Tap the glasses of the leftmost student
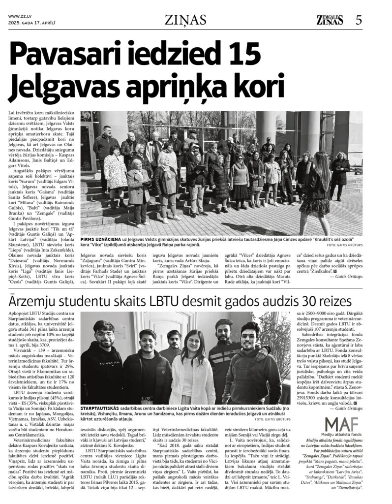[104, 335]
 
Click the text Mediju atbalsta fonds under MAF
[343, 436]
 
